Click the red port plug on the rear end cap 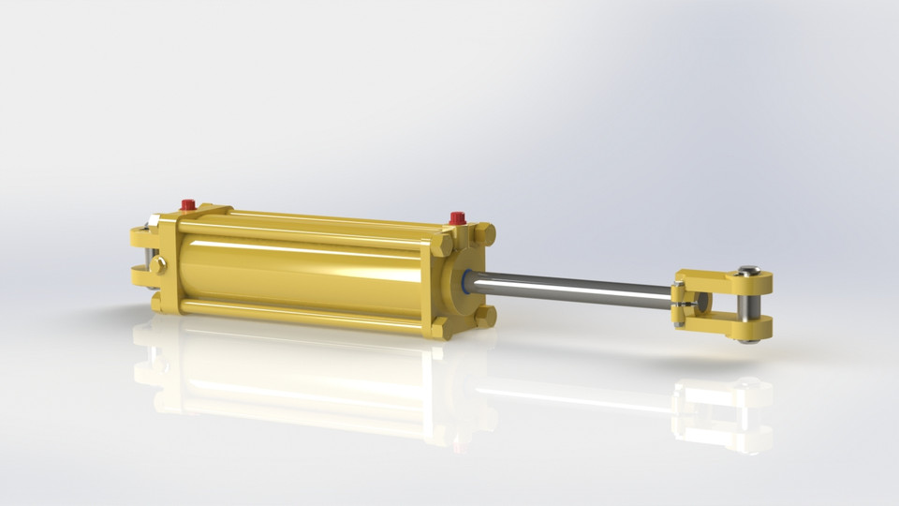coord(187,203)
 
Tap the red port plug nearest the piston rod coord(457,218)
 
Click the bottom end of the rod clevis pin coord(746,338)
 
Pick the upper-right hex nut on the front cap coord(485,232)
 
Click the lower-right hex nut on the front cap coord(484,316)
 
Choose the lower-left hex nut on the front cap coord(439,326)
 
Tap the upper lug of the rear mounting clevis coord(143,234)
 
